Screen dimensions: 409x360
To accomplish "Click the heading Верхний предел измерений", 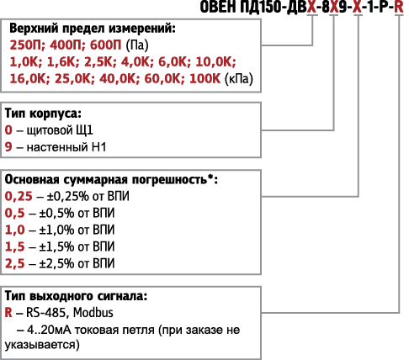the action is [x=93, y=29].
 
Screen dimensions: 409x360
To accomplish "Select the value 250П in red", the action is [x=25, y=45].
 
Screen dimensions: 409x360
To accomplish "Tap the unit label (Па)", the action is [x=137, y=45].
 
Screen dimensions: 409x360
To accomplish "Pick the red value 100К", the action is [x=205, y=79].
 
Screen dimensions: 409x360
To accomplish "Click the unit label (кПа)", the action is [x=239, y=79].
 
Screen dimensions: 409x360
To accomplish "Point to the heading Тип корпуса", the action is [x=43, y=114].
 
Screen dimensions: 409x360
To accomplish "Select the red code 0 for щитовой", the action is [x=8, y=130].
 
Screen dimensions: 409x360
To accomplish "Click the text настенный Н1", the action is [x=66, y=147].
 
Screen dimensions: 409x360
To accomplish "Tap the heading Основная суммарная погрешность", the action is [x=111, y=180].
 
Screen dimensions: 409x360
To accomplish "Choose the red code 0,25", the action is [x=19, y=197].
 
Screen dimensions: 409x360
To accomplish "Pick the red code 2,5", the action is [x=14, y=264].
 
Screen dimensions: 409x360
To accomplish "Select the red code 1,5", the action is [x=14, y=247].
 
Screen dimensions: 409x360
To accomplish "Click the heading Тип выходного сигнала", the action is [x=76, y=296].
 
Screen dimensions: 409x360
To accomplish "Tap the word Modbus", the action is [x=93, y=313].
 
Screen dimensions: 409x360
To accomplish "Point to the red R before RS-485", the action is [x=8, y=313].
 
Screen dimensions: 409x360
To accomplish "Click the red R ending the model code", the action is [x=399, y=7].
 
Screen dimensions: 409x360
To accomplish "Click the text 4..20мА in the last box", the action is [x=49, y=330].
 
